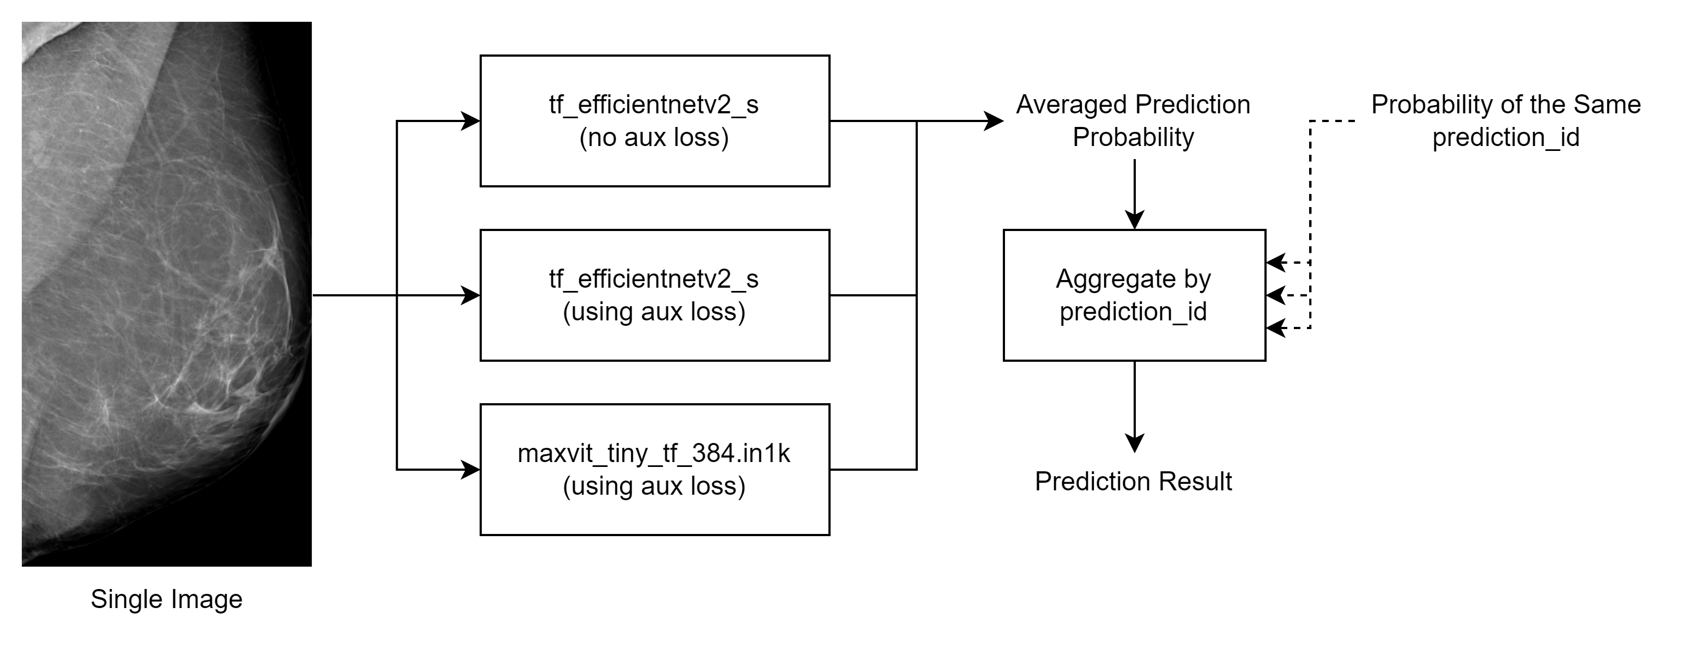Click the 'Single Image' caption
(x=167, y=600)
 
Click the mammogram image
(x=167, y=294)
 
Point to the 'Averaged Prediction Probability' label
(x=1134, y=121)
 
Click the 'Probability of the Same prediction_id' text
(x=1506, y=121)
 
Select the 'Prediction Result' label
(x=1134, y=482)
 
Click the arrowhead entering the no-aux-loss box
(x=471, y=121)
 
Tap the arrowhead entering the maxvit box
(x=471, y=470)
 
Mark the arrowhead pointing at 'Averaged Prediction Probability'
(x=995, y=121)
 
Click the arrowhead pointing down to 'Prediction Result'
(x=1135, y=443)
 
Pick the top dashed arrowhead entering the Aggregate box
(x=1276, y=263)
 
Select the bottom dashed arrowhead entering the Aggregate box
(x=1276, y=328)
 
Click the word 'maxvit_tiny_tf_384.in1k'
(x=654, y=453)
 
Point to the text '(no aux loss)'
(x=654, y=138)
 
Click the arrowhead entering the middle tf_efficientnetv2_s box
(x=471, y=295)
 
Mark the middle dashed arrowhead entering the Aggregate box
(x=1276, y=295)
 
